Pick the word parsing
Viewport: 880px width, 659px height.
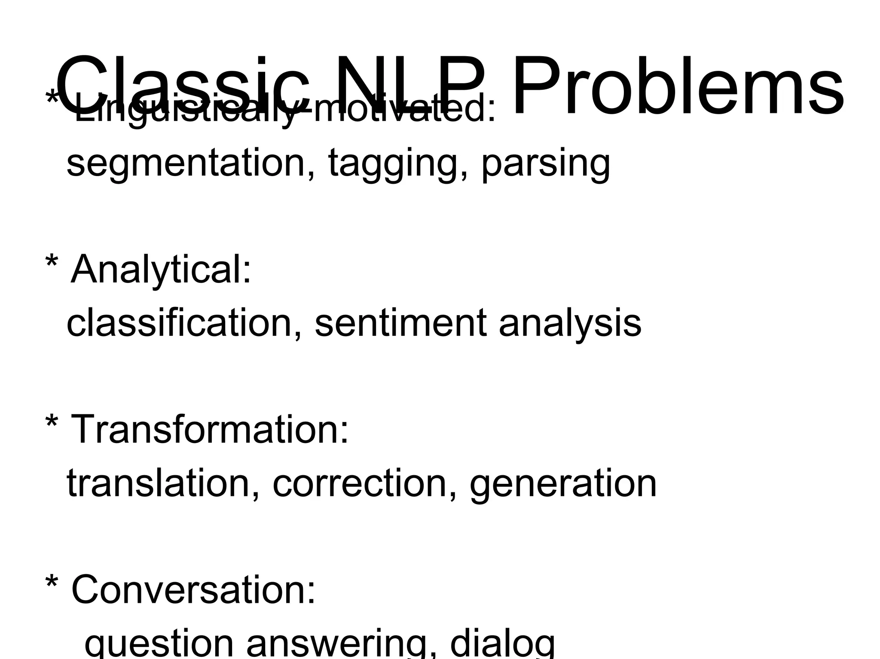click(x=546, y=165)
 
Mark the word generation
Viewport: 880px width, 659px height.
click(x=563, y=485)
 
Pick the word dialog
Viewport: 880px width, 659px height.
click(x=503, y=644)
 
